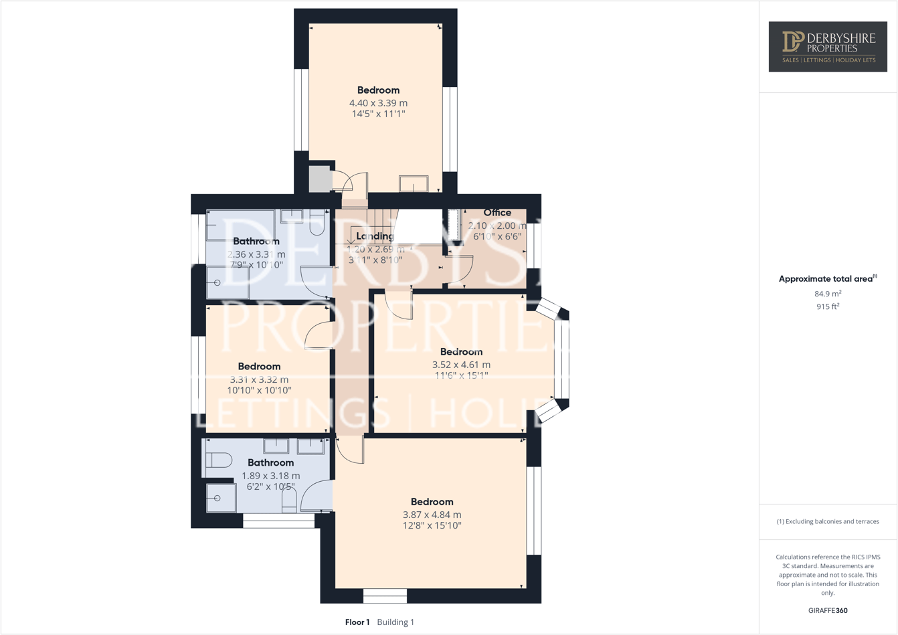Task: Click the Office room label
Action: (x=497, y=212)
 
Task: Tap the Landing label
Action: (x=375, y=236)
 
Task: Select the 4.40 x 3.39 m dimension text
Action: (x=378, y=103)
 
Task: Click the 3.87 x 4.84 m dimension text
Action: (x=432, y=515)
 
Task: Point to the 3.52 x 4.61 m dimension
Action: (x=461, y=365)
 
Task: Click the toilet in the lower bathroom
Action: (x=219, y=460)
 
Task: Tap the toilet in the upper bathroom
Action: (x=317, y=223)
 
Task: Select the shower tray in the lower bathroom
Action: (x=221, y=498)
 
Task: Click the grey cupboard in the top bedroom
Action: (x=319, y=179)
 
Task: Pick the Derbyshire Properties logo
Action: (x=828, y=46)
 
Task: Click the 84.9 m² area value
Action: (x=828, y=294)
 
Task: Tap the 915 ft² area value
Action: (x=828, y=306)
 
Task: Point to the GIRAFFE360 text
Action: (x=828, y=610)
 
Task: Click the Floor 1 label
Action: (x=357, y=622)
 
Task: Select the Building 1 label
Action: (x=395, y=622)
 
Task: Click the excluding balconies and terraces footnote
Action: (x=828, y=521)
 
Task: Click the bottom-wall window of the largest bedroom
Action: (x=385, y=596)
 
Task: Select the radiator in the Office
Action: (x=456, y=225)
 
